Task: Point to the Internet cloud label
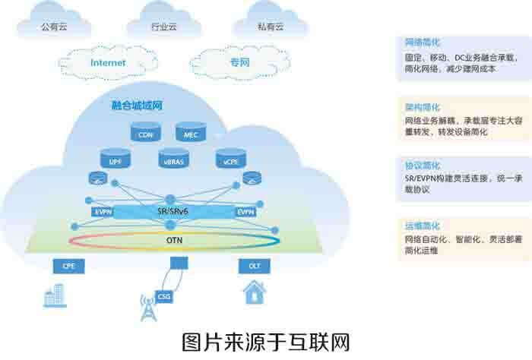click(x=108, y=63)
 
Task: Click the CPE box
click(x=67, y=266)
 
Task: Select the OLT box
click(x=255, y=266)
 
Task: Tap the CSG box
click(x=163, y=295)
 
